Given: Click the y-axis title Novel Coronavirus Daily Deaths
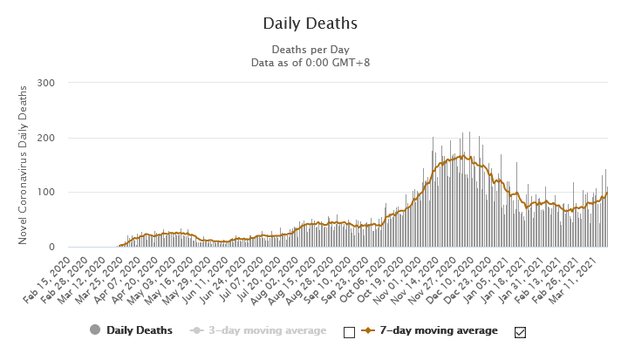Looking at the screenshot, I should (24, 165).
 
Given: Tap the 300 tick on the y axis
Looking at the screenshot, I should (45, 83).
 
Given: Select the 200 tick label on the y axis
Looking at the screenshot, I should (45, 138).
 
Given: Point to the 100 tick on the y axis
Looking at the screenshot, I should (45, 193).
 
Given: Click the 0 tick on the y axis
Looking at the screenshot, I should (51, 248).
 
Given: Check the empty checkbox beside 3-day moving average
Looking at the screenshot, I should (350, 331).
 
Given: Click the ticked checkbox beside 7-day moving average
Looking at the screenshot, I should (521, 331).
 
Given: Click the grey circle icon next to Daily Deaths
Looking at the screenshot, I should (95, 330).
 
